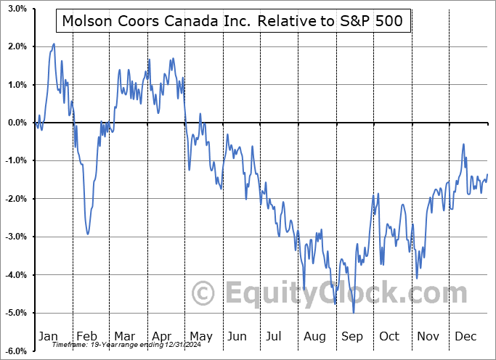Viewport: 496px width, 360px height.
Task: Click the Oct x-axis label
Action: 390,336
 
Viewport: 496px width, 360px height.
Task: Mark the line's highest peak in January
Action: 54,44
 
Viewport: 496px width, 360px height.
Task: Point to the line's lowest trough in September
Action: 354,312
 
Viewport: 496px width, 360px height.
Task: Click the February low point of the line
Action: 88,234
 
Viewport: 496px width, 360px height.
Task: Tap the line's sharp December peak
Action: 463,144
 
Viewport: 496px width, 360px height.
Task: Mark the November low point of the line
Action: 417,277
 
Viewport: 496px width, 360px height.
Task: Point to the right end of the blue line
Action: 487,174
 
